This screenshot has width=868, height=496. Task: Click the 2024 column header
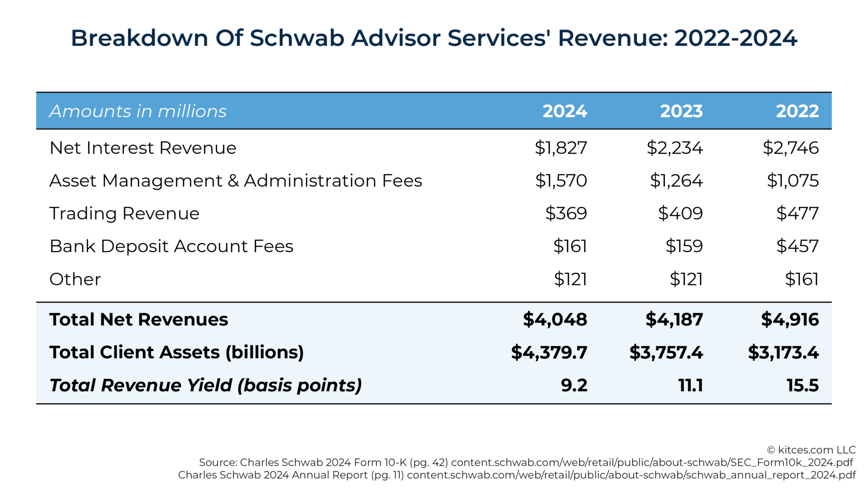(x=565, y=111)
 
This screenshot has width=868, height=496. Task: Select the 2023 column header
(x=681, y=111)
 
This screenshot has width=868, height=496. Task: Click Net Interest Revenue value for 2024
(x=561, y=148)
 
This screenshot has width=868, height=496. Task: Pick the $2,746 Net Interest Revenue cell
(x=790, y=148)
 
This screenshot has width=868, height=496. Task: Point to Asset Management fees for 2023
(x=676, y=181)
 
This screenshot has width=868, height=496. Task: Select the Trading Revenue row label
(x=124, y=213)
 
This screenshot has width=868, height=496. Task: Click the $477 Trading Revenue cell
(x=797, y=213)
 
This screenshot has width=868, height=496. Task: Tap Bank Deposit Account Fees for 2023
(x=684, y=246)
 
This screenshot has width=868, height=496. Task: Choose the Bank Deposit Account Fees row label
(x=171, y=246)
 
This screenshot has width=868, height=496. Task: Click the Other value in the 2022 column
(x=801, y=279)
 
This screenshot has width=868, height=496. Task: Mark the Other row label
(x=75, y=279)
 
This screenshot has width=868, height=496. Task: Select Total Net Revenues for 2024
(x=555, y=319)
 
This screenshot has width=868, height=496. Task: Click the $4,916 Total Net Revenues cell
(x=790, y=319)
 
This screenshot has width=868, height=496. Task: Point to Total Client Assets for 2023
(x=666, y=352)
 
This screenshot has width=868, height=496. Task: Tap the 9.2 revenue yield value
(x=574, y=385)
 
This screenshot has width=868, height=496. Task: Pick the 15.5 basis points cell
(x=802, y=385)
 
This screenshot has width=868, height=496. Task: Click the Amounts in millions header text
(x=138, y=111)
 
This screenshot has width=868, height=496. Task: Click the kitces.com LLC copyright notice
(x=811, y=450)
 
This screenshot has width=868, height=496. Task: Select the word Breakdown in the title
(x=139, y=38)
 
